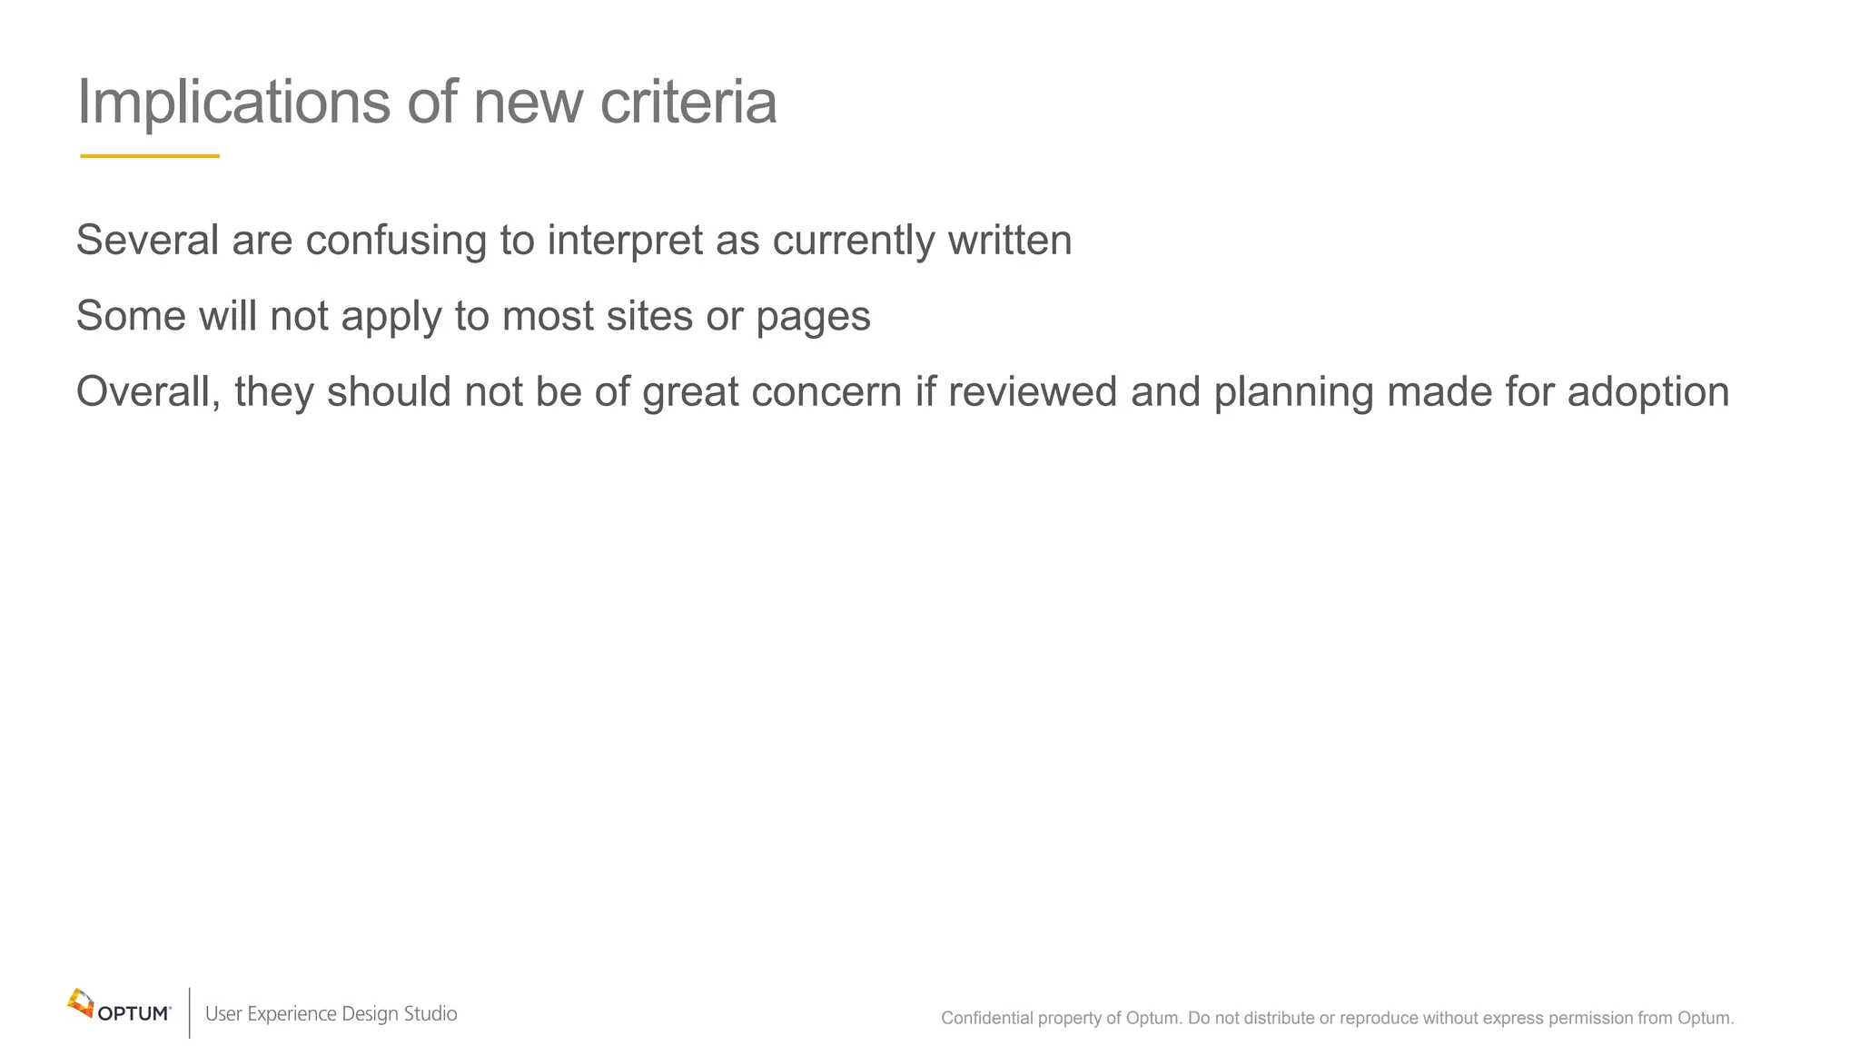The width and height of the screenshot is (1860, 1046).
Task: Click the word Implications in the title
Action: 234,102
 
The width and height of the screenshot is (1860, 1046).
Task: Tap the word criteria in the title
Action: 688,102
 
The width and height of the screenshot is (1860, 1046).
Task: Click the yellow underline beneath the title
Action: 150,156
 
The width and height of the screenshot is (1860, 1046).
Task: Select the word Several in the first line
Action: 147,241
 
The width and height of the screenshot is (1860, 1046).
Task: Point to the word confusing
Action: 396,241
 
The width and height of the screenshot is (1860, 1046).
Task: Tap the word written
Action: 1010,241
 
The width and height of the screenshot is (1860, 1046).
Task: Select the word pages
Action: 813,318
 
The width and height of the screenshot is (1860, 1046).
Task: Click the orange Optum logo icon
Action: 81,1003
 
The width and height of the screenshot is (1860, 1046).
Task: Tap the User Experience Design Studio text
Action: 331,1014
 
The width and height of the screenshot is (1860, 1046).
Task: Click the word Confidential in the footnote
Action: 986,1019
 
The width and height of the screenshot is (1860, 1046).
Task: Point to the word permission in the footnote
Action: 1590,1019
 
